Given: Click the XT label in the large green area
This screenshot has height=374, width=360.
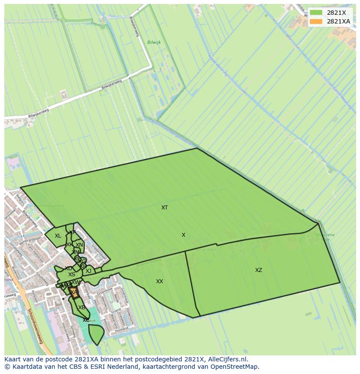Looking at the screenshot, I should click(164, 208).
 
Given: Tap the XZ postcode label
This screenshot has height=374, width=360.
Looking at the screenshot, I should click(259, 270).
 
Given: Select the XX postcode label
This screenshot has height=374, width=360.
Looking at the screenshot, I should click(160, 281).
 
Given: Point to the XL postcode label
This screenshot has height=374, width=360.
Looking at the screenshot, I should click(58, 236).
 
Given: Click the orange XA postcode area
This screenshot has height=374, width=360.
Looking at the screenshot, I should click(74, 293).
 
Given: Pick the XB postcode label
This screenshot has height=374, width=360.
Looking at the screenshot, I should click(81, 308).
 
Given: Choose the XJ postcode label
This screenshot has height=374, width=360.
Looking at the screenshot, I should click(89, 271).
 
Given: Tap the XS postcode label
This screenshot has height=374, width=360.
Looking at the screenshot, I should click(72, 275).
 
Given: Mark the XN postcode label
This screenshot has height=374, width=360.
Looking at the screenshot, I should click(79, 245).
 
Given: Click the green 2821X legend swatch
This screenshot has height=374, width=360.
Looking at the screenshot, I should click(316, 13).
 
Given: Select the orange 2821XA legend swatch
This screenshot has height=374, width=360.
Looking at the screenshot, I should click(316, 21).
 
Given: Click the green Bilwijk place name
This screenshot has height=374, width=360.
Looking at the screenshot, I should click(154, 43).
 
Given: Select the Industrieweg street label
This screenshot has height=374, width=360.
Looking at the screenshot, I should click(65, 331).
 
